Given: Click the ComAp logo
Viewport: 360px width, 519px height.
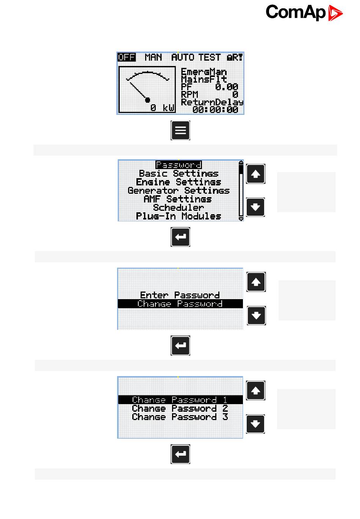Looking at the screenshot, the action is point(304,13).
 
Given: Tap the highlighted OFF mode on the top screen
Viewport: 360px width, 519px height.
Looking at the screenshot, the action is point(126,57).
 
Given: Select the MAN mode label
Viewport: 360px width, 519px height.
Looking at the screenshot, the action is point(153,57).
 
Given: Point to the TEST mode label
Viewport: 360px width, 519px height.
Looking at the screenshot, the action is point(209,57).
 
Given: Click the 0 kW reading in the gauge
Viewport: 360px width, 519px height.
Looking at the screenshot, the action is point(162,108).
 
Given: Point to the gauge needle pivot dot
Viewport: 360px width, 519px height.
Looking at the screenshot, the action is point(148,100).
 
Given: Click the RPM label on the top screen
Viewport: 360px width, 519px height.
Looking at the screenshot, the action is point(189,94).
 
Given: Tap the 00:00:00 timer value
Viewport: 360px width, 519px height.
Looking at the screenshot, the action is point(215,110).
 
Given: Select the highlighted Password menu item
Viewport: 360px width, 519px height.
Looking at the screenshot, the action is point(178,165).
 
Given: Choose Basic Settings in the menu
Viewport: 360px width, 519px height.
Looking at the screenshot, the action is point(178,174).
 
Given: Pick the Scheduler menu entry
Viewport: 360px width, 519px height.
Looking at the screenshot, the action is point(178,208).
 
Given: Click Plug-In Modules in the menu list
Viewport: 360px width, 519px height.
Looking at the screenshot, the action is point(178,216).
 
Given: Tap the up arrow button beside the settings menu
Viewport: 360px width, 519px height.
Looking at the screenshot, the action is point(256,174).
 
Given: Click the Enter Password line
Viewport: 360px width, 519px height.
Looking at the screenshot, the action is point(180,295).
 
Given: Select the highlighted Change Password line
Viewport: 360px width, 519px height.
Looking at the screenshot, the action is point(180,304).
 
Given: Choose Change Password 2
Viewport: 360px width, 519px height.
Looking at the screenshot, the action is point(180,408).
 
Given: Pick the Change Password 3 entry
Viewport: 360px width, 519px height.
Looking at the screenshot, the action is point(180,417).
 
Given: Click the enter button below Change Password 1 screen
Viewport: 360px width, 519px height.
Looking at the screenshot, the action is point(180,454).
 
